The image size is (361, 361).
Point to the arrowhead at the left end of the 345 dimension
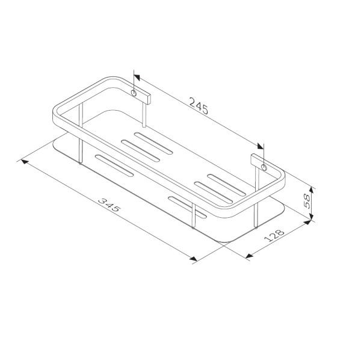(25, 161)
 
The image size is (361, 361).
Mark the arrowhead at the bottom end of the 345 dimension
(194, 259)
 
